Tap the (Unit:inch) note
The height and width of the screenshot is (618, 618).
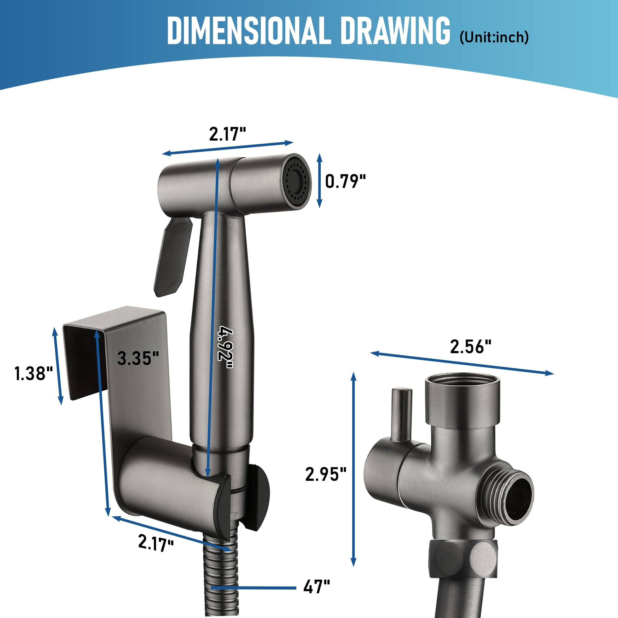pyautogui.click(x=494, y=38)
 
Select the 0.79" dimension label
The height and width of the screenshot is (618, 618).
pyautogui.click(x=345, y=182)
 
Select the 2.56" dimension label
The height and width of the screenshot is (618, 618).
pyautogui.click(x=470, y=348)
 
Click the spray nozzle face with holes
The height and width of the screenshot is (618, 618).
pyautogui.click(x=298, y=181)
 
